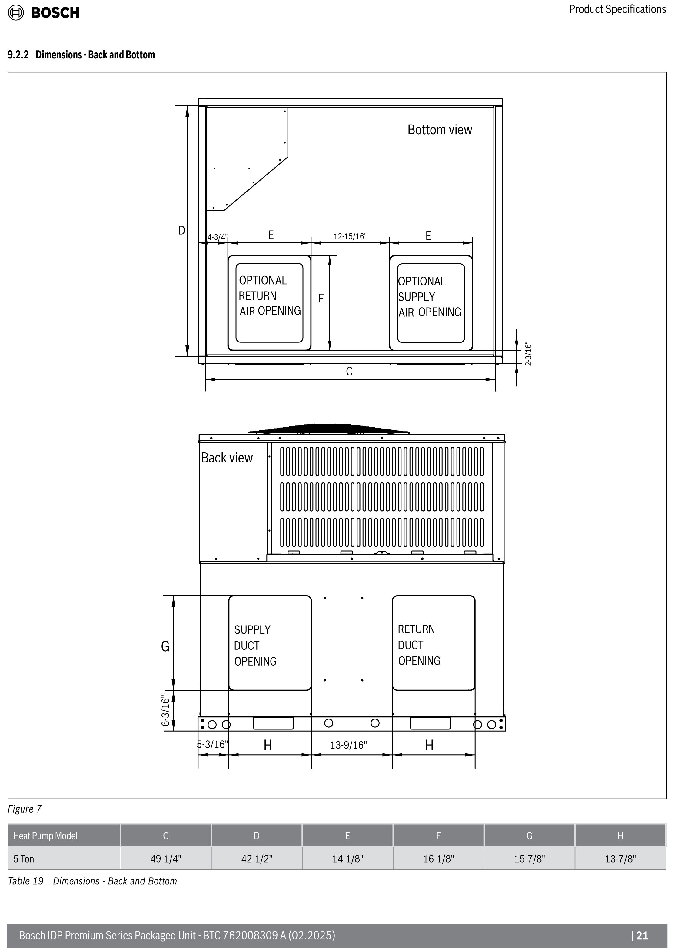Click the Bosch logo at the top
[x=44, y=13]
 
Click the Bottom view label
[x=440, y=130]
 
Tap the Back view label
[x=227, y=458]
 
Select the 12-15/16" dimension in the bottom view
[x=350, y=236]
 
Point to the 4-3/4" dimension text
[x=218, y=237]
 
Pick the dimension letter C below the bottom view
[x=349, y=371]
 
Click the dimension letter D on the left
[x=182, y=230]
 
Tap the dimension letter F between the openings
[x=321, y=298]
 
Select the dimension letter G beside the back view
[x=165, y=646]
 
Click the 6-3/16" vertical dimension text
[x=166, y=710]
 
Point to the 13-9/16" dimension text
[x=349, y=745]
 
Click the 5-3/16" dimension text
[x=213, y=744]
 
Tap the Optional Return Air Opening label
[x=270, y=295]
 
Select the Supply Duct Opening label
[x=255, y=646]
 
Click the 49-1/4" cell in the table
[x=165, y=859]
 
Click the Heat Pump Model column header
[x=45, y=836]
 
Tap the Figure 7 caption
[x=25, y=809]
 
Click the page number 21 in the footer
[x=640, y=935]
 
